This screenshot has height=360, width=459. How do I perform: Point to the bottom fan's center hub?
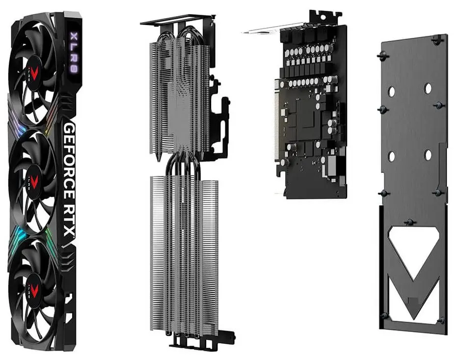(x=35, y=285)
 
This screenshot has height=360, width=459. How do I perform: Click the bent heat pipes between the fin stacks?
(x=180, y=165)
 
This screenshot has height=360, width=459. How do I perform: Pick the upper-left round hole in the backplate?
(x=392, y=91)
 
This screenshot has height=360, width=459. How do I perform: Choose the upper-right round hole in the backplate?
(x=428, y=87)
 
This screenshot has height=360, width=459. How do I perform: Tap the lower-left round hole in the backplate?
(x=392, y=157)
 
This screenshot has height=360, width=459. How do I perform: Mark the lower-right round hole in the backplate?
(x=427, y=154)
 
